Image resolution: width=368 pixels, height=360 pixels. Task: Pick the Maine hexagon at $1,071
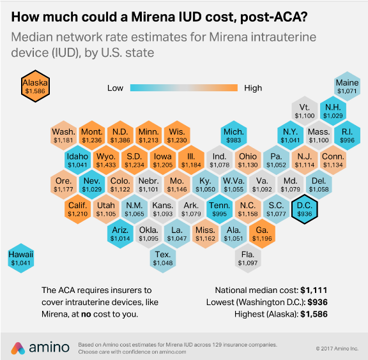pyautogui.click(x=347, y=87)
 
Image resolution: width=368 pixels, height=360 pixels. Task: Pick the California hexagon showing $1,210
pyautogui.click(x=77, y=210)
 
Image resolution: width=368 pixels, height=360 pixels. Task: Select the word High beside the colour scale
pyautogui.click(x=253, y=88)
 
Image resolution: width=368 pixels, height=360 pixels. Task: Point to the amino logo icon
pyautogui.click(x=19, y=347)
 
